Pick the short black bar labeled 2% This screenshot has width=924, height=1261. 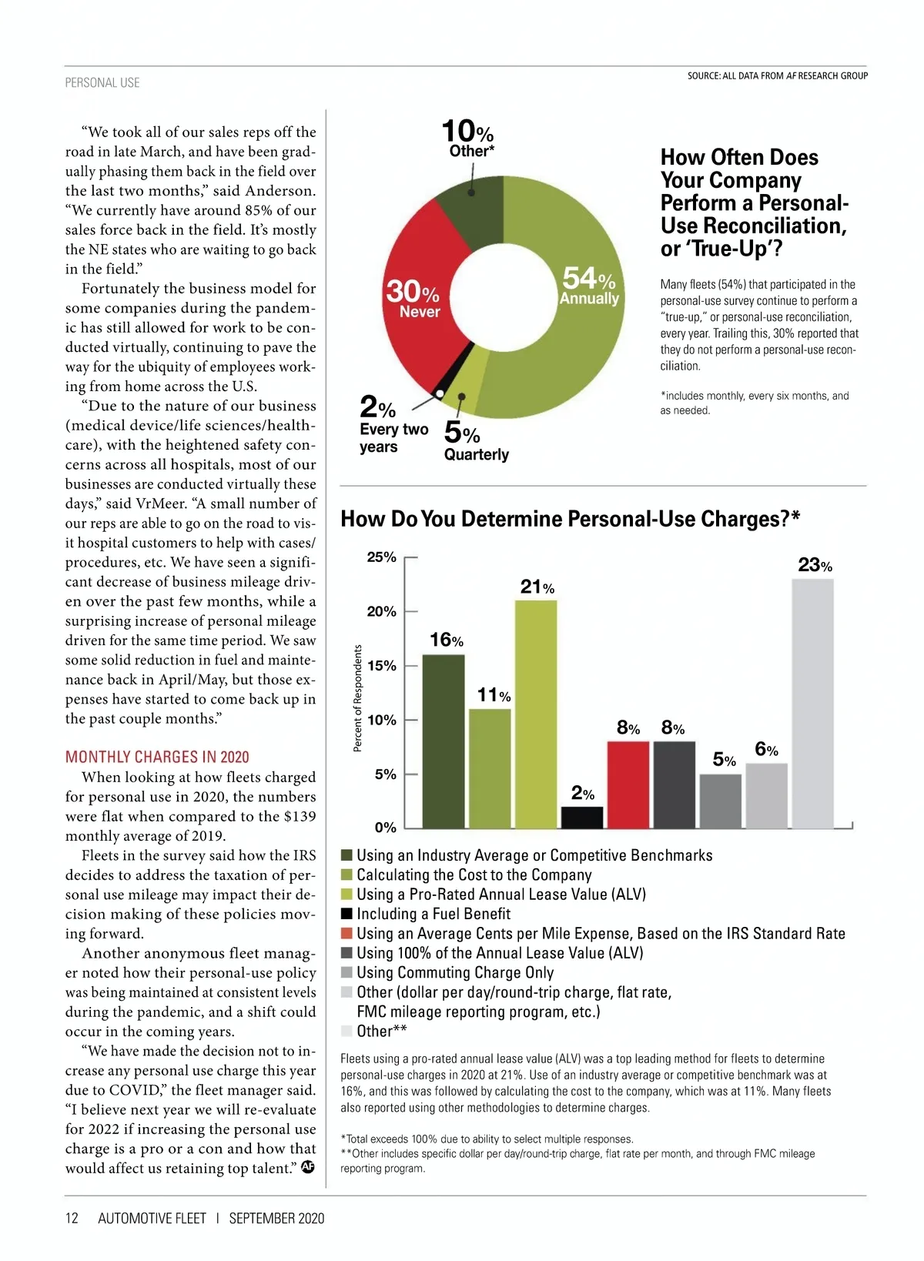pyautogui.click(x=582, y=817)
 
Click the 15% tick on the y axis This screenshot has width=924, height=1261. pyautogui.click(x=382, y=666)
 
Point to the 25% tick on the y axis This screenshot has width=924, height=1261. pyautogui.click(x=382, y=557)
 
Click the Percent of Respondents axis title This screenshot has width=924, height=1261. pyautogui.click(x=357, y=698)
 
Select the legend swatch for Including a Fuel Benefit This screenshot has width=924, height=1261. pyautogui.click(x=346, y=914)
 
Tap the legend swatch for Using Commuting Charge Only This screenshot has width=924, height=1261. pyautogui.click(x=346, y=972)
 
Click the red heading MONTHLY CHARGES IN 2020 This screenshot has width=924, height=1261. pyautogui.click(x=157, y=757)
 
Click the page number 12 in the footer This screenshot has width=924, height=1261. pyautogui.click(x=72, y=1218)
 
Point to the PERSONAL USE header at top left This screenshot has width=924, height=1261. pyautogui.click(x=102, y=82)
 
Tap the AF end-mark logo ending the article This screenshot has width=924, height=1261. pyautogui.click(x=308, y=1167)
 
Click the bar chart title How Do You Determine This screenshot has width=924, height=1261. pyautogui.click(x=570, y=519)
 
